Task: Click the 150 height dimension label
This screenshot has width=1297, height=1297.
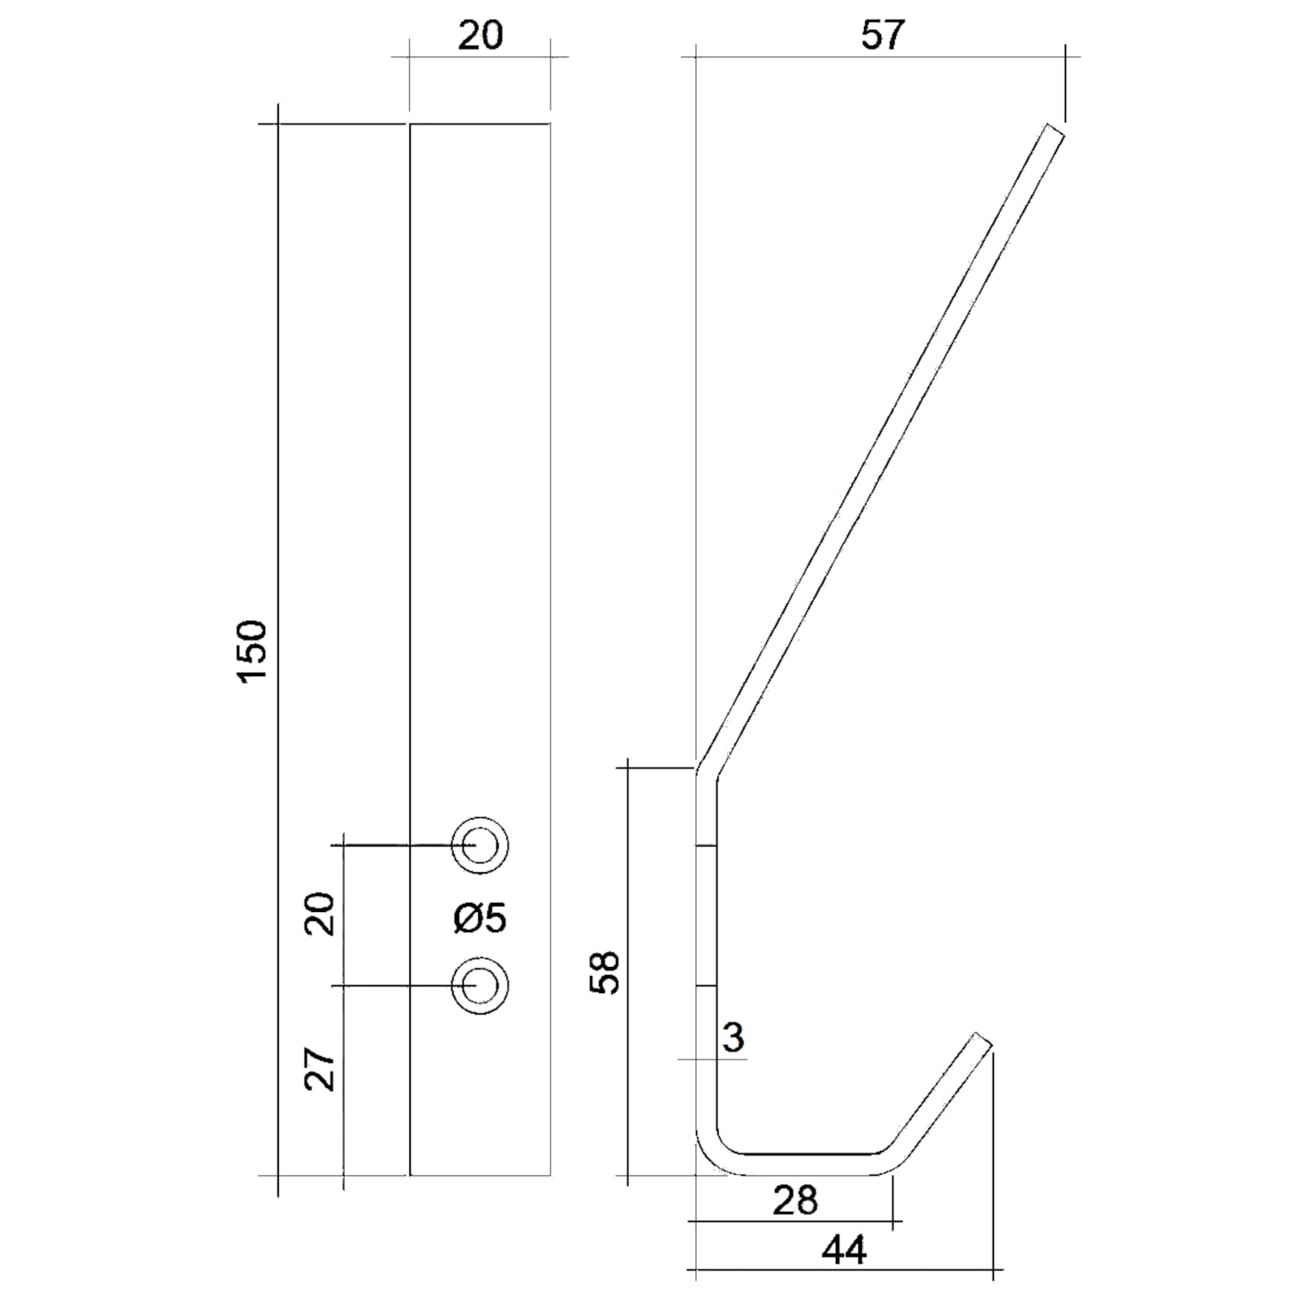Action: pyautogui.click(x=254, y=651)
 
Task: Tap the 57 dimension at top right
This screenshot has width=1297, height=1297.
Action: pyautogui.click(x=882, y=35)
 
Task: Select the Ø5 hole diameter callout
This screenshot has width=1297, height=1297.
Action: pyautogui.click(x=480, y=918)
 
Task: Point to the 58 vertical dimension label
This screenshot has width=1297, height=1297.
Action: pyautogui.click(x=605, y=972)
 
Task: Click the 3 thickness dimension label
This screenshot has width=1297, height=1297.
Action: pyautogui.click(x=733, y=1037)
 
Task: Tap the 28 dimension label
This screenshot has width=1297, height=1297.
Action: pyautogui.click(x=795, y=1201)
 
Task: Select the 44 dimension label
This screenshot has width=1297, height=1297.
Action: pyautogui.click(x=844, y=1251)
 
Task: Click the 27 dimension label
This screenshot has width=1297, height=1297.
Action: pyautogui.click(x=319, y=1070)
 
